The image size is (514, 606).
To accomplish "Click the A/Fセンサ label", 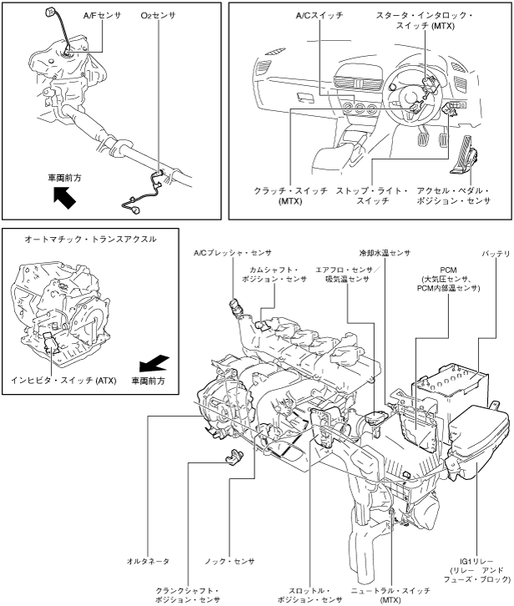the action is tap(102, 16).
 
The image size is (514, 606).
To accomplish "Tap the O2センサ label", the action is tap(158, 16).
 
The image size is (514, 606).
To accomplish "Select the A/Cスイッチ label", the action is tap(320, 16).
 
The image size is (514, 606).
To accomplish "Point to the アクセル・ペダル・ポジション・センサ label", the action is tap(453, 196).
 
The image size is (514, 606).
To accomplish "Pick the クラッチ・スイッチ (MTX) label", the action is tap(290, 196).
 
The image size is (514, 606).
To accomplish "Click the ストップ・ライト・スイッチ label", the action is tap(372, 196).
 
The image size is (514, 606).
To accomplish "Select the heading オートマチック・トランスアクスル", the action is tap(90, 240).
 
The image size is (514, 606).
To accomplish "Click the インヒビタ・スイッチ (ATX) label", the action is tap(63, 381).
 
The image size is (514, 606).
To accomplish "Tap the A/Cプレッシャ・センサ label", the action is tap(232, 253).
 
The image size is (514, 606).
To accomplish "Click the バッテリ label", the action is tap(496, 254).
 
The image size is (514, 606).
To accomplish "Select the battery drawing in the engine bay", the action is tap(451, 391).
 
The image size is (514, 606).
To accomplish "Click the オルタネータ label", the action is tap(148, 561).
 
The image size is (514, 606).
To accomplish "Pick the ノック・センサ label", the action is tap(229, 561).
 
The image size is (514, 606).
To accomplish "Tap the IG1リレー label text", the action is tap(476, 561).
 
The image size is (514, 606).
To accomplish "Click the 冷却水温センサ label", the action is tap(385, 253).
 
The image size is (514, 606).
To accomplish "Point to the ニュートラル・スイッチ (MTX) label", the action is tap(391, 595).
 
